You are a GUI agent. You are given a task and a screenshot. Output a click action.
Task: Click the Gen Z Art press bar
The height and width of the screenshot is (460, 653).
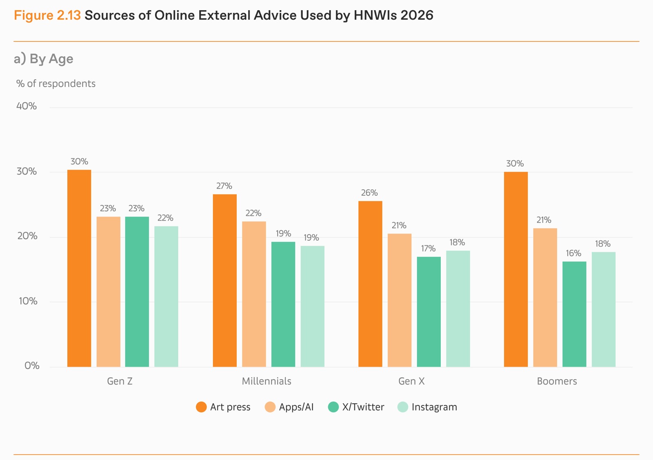point(79,268)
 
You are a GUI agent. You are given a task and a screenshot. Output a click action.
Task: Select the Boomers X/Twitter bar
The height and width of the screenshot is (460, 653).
point(574,314)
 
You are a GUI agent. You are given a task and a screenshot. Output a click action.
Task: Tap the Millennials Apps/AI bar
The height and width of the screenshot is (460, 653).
point(254,294)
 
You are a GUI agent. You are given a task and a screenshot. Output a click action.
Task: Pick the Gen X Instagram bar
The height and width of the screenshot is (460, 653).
point(458,309)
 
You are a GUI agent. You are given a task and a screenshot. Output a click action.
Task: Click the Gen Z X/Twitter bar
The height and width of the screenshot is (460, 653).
point(137,292)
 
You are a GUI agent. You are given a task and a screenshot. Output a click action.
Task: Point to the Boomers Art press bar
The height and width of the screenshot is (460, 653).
point(516,269)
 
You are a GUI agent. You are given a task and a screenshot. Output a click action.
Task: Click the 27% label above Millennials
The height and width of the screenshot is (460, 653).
point(224,186)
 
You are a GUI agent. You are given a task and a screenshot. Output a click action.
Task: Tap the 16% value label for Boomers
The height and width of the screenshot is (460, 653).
point(573,253)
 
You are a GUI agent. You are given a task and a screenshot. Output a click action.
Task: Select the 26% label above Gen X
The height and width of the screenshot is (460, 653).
point(369,192)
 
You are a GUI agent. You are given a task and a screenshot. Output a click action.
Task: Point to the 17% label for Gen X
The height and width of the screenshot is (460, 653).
point(428,248)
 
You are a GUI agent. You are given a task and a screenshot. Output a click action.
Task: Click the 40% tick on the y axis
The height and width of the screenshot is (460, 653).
point(27,106)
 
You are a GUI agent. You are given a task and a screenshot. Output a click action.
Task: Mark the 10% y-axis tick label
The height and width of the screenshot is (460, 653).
point(28,301)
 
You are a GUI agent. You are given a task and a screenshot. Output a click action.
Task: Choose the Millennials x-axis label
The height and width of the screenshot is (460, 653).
point(267,381)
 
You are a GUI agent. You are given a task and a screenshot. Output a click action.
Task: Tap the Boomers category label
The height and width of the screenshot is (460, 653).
point(557,381)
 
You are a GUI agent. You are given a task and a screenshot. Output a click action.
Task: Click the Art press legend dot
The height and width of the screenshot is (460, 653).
point(201,407)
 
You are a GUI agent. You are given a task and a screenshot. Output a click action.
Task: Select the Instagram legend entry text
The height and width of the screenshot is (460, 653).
point(434,407)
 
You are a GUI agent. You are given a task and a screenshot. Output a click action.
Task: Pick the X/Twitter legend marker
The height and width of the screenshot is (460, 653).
point(333,407)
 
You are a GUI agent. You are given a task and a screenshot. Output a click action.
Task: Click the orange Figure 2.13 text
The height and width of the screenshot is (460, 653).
point(47,15)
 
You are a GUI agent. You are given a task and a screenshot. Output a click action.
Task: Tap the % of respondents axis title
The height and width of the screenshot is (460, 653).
point(56,84)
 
